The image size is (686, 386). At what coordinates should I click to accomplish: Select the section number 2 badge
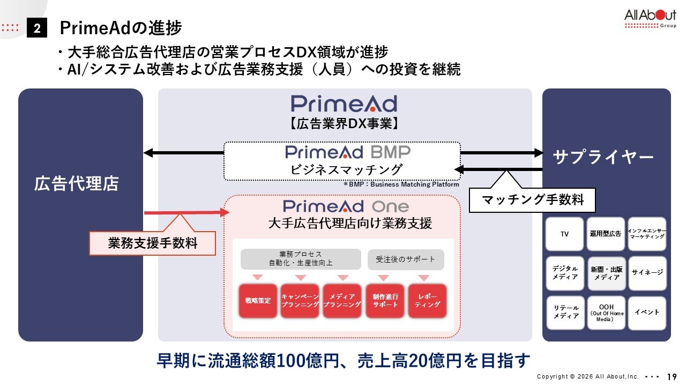tap(37, 28)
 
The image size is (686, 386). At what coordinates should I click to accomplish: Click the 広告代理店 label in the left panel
tap(76, 184)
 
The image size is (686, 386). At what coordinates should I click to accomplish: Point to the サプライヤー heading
tap(603, 157)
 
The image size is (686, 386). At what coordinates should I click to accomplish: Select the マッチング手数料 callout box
tap(532, 200)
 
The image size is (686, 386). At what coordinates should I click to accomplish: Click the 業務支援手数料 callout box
tap(153, 243)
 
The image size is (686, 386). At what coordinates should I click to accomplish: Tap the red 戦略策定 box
tap(258, 301)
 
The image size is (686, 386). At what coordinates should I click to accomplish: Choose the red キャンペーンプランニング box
tap(300, 301)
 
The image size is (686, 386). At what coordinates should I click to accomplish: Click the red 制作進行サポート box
tap(385, 301)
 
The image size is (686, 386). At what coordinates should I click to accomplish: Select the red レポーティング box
tap(427, 301)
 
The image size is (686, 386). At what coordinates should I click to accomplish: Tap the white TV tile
tap(564, 234)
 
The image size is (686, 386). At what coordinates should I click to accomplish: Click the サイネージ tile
tap(647, 272)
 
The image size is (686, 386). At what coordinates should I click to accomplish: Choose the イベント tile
tap(647, 313)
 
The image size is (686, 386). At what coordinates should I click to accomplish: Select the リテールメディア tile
tap(565, 313)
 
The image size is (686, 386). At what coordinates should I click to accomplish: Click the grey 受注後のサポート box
tap(406, 259)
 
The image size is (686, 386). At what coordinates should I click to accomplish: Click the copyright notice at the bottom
tap(589, 376)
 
